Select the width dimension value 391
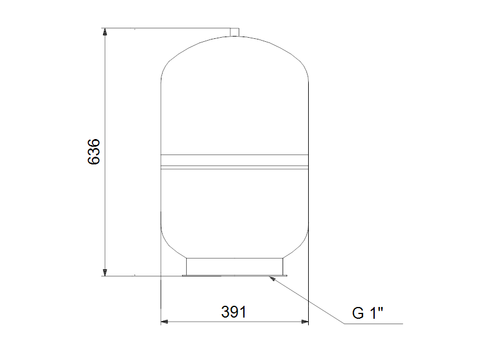[x=233, y=312]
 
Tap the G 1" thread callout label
[x=368, y=313]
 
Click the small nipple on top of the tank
[x=235, y=31]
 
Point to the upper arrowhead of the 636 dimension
[x=105, y=32]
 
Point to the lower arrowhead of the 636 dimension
[x=105, y=272]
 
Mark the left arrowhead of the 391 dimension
[x=166, y=322]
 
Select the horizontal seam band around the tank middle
[x=235, y=160]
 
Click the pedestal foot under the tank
[x=235, y=265]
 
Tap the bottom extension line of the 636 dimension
[x=141, y=276]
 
